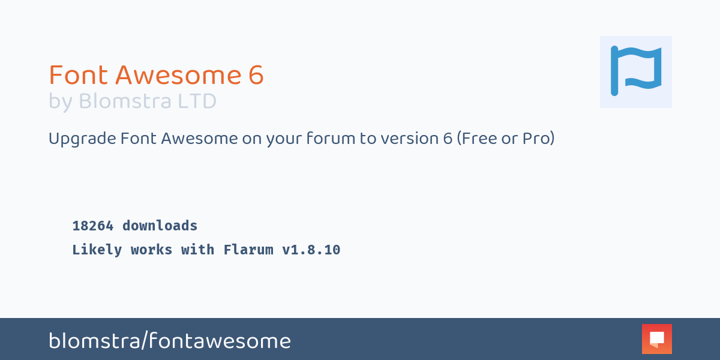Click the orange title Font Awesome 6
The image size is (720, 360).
point(156,75)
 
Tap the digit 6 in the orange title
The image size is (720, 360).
point(256,75)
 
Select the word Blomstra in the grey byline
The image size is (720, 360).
point(125,101)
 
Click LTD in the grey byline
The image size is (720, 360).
point(197,101)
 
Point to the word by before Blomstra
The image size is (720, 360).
point(61,102)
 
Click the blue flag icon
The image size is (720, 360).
point(636,71)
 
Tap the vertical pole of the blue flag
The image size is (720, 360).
point(614,71)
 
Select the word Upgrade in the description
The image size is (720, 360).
point(82,139)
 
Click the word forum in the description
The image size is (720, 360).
point(331,138)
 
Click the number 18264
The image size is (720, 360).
point(93,226)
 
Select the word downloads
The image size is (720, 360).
point(160,226)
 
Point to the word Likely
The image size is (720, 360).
point(97,250)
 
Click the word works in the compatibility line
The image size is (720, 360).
point(151,250)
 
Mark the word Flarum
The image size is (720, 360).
point(248,250)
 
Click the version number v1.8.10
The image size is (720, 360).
point(311,250)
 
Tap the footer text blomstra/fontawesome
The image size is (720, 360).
point(170,341)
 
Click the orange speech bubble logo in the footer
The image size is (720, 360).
point(656,339)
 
